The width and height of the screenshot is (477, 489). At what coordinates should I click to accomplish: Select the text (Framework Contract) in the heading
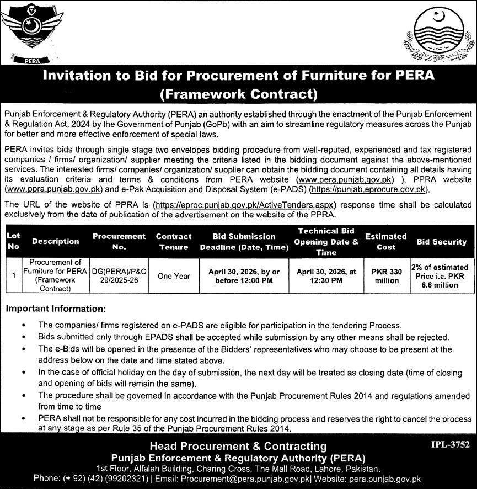238,94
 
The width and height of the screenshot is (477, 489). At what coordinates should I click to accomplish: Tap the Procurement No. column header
119,241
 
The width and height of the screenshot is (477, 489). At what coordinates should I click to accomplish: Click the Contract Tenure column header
174,241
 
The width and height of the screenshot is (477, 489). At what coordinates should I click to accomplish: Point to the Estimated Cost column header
386,241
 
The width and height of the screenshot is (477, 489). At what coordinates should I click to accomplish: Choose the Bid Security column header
441,241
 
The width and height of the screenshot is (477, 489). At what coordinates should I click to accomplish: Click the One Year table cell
174,276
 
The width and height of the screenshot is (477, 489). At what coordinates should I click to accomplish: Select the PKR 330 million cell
386,276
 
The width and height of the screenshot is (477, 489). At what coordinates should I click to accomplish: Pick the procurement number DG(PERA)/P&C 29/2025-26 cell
119,276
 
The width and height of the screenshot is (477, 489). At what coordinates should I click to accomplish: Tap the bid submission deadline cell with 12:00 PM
244,276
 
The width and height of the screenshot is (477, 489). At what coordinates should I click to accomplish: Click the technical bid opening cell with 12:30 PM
326,276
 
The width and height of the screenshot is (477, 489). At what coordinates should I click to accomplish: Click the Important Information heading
55,309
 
